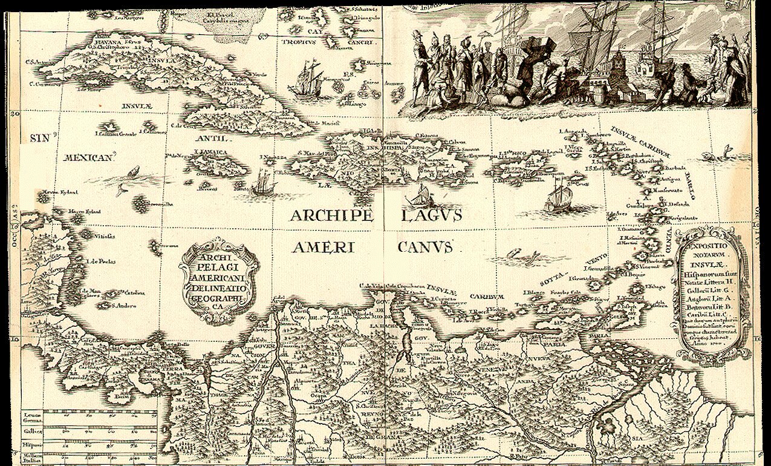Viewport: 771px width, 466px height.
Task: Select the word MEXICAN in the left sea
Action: tap(89, 158)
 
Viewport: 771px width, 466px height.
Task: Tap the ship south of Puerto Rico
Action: tap(557, 197)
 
